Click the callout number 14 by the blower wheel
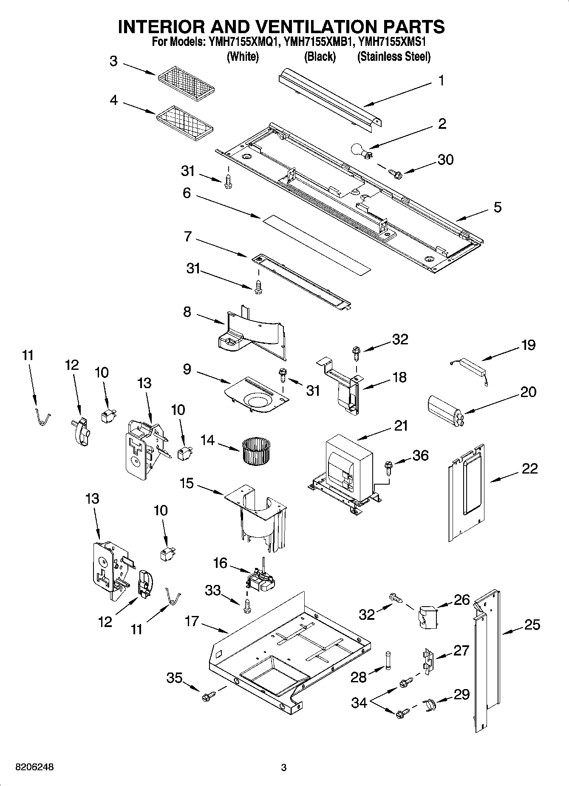[x=207, y=440]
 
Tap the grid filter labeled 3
[x=186, y=84]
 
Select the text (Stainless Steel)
[x=394, y=57]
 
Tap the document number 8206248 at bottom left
[x=34, y=767]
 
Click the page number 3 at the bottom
[x=284, y=768]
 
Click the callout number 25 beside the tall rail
[x=532, y=624]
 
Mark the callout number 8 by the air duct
[x=187, y=312]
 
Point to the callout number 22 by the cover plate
[x=529, y=468]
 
